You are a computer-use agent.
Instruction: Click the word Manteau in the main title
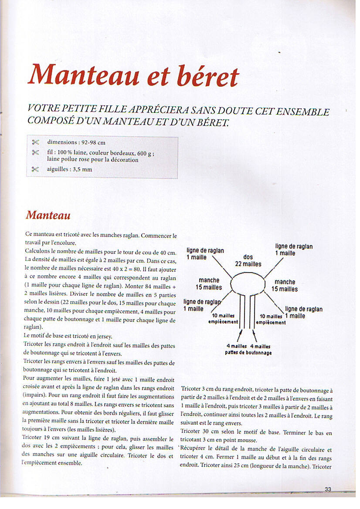[84, 74]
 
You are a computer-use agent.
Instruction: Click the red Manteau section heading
[48, 215]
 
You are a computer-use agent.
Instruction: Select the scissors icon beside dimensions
[35, 142]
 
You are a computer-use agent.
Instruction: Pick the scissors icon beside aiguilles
[35, 169]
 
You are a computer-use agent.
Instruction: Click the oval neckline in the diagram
[247, 284]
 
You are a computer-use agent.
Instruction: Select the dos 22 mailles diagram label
[248, 260]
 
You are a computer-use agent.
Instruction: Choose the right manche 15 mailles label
[285, 285]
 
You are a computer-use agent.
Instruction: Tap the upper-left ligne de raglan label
[205, 253]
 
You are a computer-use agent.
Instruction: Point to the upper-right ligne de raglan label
[293, 249]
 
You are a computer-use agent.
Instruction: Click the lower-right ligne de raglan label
[303, 312]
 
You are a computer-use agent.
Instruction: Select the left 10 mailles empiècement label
[224, 319]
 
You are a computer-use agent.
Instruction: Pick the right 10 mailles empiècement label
[271, 319]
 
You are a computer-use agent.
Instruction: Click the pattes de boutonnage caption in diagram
[248, 352]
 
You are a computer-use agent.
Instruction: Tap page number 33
[328, 489]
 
